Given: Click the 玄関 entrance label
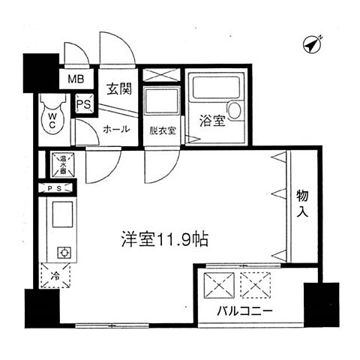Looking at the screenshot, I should point(121,88).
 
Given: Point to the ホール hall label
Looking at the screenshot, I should point(115,128).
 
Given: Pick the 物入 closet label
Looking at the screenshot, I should point(302,202).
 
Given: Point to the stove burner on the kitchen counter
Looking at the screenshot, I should point(62,252).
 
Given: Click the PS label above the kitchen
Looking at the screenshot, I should point(54,188).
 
